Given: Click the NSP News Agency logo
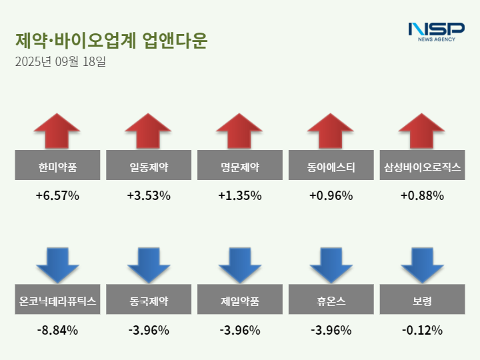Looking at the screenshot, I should pyautogui.click(x=436, y=31).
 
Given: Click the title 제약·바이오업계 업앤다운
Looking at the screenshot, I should pyautogui.click(x=111, y=41).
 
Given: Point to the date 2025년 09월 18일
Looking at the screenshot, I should pyautogui.click(x=60, y=63).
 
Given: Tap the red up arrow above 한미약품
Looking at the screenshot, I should pyautogui.click(x=57, y=131).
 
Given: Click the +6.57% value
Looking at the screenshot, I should pyautogui.click(x=57, y=196).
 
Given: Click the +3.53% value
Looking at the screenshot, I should pyautogui.click(x=149, y=196).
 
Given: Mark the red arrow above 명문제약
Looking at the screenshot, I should pyautogui.click(x=239, y=131).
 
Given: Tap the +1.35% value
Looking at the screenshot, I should pyautogui.click(x=239, y=196).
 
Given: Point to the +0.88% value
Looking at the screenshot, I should pyautogui.click(x=422, y=196).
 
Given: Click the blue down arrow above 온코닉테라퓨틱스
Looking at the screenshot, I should pyautogui.click(x=57, y=265).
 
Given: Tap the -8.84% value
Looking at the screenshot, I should pyautogui.click(x=57, y=330).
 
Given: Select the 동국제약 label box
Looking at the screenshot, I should pyautogui.click(x=149, y=301).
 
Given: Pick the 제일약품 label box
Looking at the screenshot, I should pyautogui.click(x=239, y=301).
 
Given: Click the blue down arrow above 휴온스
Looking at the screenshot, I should pyautogui.click(x=331, y=265).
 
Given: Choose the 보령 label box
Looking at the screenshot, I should pyautogui.click(x=422, y=301).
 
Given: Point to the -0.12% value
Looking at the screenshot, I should pyautogui.click(x=422, y=330).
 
